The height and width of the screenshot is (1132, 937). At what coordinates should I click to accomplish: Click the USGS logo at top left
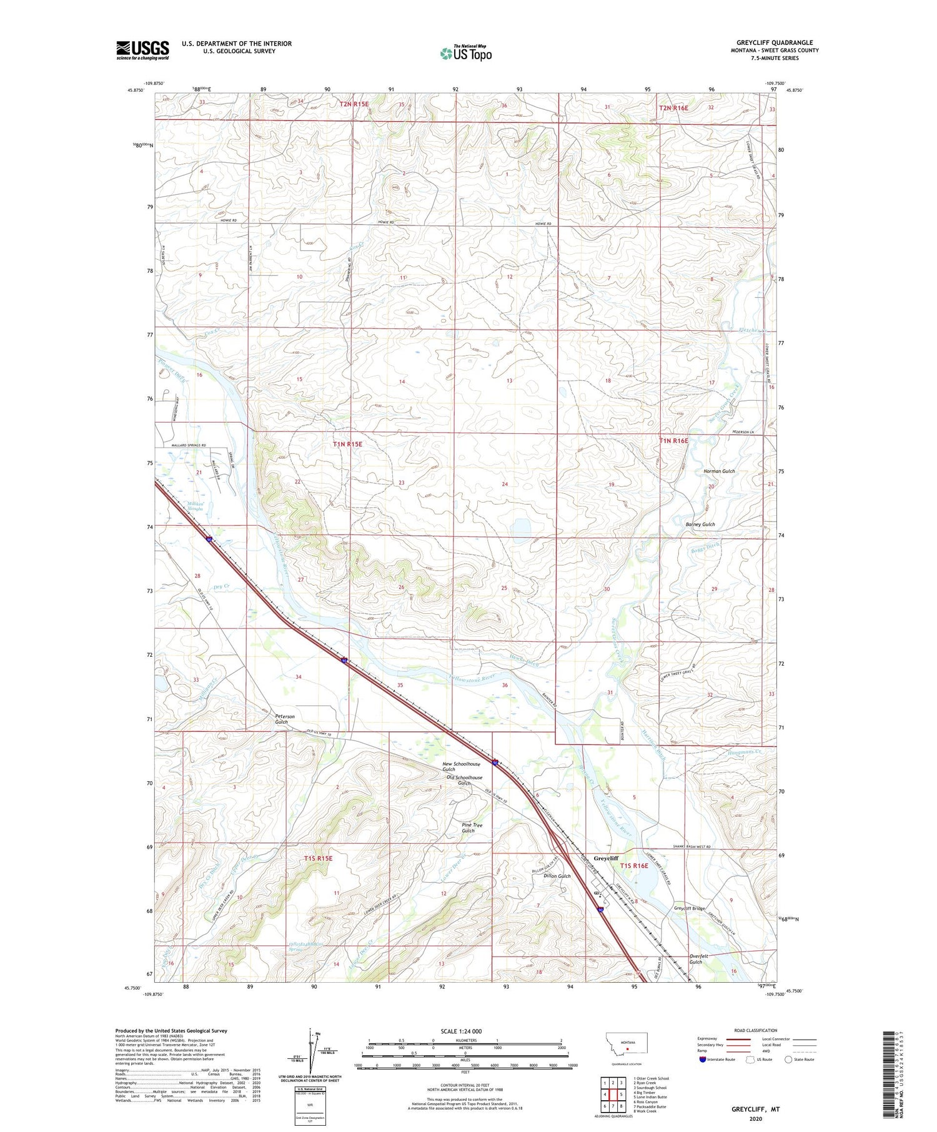pos(142,50)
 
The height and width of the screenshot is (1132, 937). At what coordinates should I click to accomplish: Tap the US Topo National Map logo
pos(466,53)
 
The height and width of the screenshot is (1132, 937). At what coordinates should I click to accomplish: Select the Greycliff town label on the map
pos(606,858)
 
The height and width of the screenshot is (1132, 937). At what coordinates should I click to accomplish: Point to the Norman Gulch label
pos(719,471)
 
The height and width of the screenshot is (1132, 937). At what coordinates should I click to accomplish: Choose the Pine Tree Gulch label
pos(472,828)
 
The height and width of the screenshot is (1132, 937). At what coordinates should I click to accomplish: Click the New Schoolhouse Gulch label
pos(462,767)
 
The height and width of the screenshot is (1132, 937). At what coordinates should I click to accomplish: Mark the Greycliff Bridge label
pos(689,908)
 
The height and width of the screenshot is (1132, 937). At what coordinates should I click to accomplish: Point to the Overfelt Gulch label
pos(695,959)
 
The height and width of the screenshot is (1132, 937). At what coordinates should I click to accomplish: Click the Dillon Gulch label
pos(557,876)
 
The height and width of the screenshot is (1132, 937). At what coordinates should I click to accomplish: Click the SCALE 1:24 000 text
pos(465,1031)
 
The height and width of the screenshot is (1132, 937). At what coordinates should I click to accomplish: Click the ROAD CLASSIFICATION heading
pos(756,1030)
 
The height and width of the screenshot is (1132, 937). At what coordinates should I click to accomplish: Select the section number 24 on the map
pos(505,485)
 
